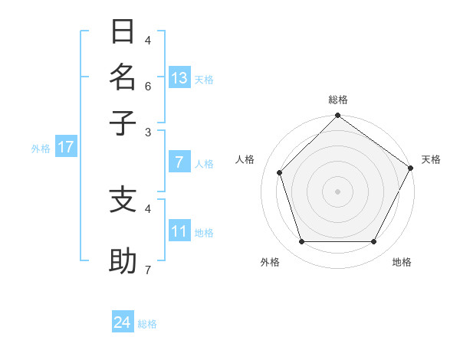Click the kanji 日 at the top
[123, 32]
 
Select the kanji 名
[123, 77]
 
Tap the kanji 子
[123, 123]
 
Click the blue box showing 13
[179, 77]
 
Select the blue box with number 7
[179, 162]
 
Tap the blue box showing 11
[179, 231]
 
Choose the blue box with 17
[65, 147]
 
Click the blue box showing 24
[123, 322]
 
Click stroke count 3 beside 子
[148, 131]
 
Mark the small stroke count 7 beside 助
[148, 270]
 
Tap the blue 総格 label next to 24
[147, 324]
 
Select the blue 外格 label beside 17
[41, 149]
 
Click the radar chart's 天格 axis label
[431, 159]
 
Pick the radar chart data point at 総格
[337, 116]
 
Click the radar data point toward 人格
[280, 172]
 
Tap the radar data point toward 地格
[373, 241]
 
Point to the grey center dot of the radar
[337, 191]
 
